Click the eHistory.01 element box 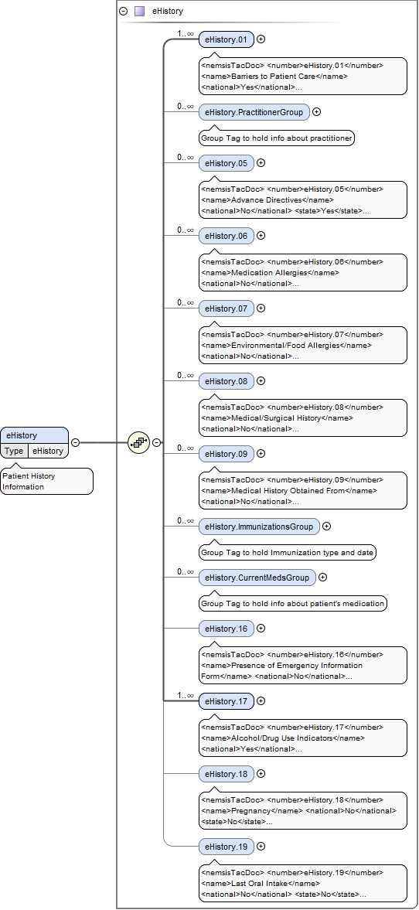coord(226,39)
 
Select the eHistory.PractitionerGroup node coord(254,112)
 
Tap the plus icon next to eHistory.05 coord(261,163)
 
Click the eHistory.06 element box coord(226,236)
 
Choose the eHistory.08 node coord(226,381)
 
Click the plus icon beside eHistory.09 coord(261,454)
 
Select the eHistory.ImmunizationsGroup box coord(258,527)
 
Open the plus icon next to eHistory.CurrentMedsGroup coord(323,578)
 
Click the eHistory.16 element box coord(226,629)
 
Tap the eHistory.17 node coord(226,701)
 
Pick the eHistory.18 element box coord(226,774)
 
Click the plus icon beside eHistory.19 coord(261,847)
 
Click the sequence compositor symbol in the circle coord(138,442)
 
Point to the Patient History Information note coord(46,482)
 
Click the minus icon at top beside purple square coord(124,12)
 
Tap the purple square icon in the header coord(139,12)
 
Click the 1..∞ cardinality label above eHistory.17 coord(185,694)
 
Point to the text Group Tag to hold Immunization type coord(287,553)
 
